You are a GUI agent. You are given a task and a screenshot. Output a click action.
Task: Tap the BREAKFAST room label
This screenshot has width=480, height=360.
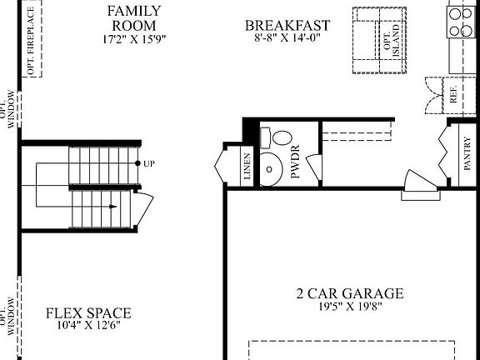click(287, 26)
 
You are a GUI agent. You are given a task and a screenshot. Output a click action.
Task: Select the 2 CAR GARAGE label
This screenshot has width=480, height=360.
click(349, 293)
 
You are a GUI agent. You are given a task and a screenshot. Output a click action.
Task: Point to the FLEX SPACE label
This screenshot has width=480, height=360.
click(87, 313)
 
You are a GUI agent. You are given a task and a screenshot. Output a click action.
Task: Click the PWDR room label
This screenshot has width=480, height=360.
click(295, 165)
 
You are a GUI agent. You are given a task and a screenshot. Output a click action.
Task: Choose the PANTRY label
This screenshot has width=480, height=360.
click(467, 154)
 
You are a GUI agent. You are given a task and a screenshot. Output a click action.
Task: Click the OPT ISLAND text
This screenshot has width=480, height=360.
click(391, 39)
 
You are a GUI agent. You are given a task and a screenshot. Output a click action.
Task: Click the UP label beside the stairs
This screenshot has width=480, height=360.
click(149, 163)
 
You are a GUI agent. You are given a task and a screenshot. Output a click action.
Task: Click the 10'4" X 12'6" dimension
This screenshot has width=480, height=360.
click(87, 327)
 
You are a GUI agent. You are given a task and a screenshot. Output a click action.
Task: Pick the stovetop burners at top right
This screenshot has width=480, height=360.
click(461, 22)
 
